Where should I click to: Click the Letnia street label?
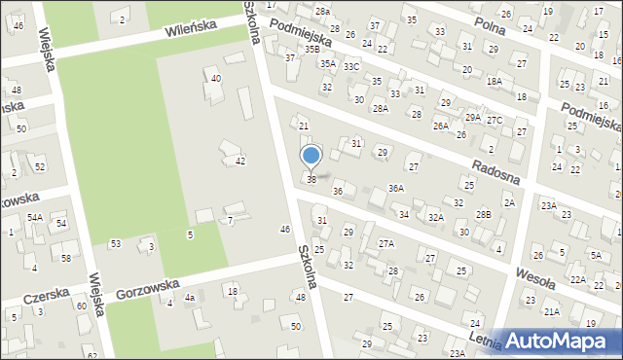[484, 341]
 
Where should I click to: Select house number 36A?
[396, 188]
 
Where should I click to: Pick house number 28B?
[484, 214]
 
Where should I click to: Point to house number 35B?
[311, 49]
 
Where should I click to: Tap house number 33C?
[351, 66]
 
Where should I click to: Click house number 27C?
[495, 120]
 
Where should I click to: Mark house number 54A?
[34, 218]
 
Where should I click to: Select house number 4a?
[191, 298]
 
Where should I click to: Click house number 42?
[239, 161]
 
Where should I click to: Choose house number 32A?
[435, 218]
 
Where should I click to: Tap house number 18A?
[495, 82]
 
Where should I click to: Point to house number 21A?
[552, 312]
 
